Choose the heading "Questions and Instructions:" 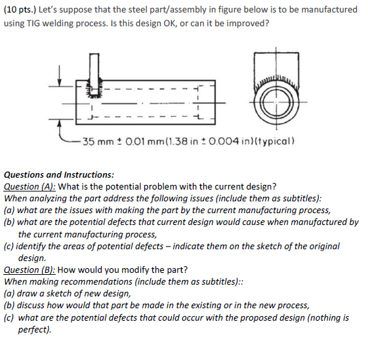(x=59, y=175)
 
